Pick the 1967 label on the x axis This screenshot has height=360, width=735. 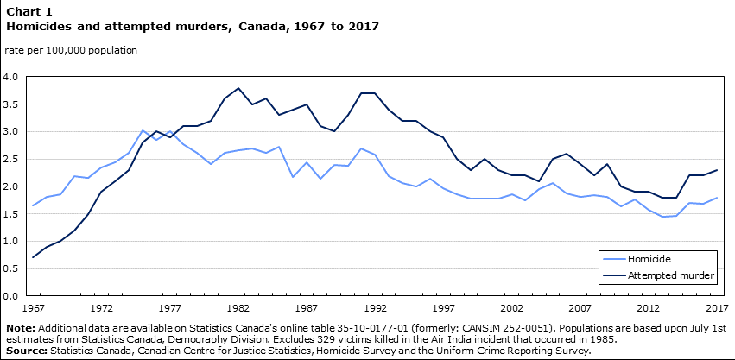coord(32,308)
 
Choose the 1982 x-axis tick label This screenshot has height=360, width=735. coord(238,308)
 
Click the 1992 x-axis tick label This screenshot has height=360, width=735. coord(374,308)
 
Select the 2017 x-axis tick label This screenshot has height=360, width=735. coord(716,308)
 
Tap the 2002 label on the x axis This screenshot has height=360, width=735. coord(511,308)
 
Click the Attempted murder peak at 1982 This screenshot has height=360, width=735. coord(238,88)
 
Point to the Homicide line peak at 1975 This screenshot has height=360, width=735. coord(143,130)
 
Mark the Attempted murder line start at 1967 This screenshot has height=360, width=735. coord(33,257)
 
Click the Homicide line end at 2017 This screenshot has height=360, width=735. coord(716,198)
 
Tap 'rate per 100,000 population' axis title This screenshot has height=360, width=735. coord(71,50)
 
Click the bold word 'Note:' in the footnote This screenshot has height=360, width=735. coord(20,328)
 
